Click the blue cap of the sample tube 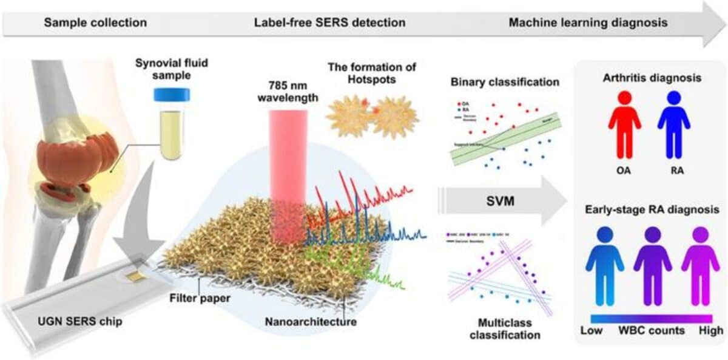point(172,95)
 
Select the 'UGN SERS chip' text point(73,320)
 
